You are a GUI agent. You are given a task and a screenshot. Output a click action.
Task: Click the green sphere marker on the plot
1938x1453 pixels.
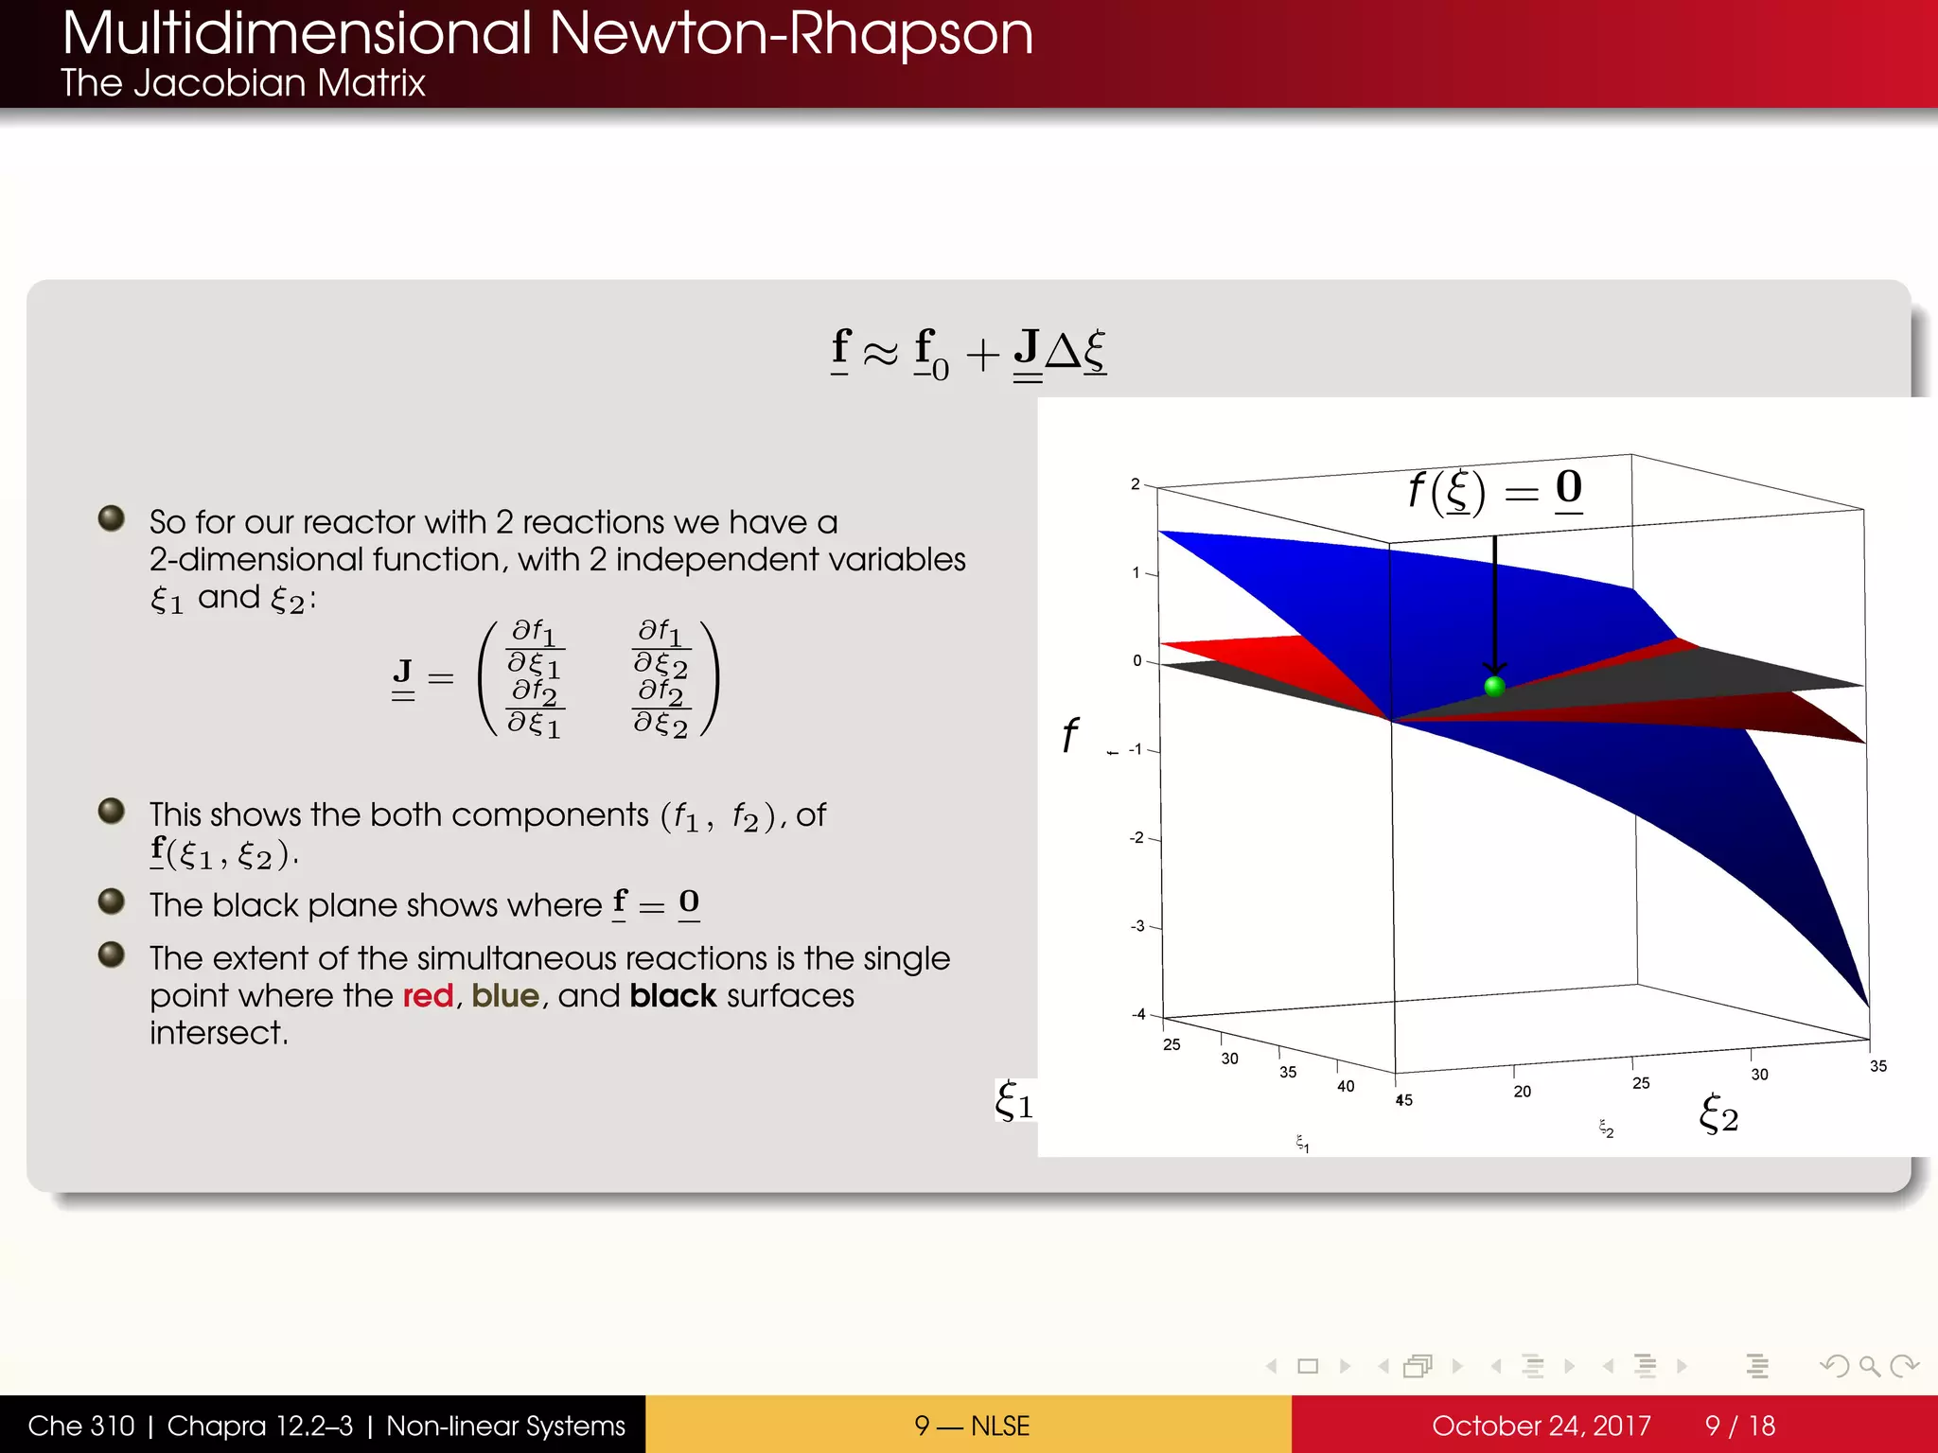coord(1495,687)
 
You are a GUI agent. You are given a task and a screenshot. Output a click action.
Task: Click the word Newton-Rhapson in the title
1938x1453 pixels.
coord(790,33)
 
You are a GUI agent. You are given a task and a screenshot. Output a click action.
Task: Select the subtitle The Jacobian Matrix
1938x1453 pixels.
coord(243,83)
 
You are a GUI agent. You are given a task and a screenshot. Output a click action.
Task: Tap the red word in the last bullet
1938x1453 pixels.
coord(428,996)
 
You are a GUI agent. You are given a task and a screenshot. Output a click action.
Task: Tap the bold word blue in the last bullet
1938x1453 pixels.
coord(505,996)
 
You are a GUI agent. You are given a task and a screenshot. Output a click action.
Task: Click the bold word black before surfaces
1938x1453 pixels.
coord(673,996)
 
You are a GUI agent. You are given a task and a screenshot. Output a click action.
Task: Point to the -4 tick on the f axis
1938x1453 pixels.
coord(1138,1014)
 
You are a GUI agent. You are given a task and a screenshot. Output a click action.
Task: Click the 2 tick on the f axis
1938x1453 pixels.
coord(1136,484)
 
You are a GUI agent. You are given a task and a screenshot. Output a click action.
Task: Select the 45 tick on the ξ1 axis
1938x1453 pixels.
coord(1404,1100)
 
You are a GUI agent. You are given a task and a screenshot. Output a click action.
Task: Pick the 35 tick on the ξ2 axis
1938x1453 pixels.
coord(1878,1066)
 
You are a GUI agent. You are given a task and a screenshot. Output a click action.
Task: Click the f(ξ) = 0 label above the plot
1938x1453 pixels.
coord(1495,490)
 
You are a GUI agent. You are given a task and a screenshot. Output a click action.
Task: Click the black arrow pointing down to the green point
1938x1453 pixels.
coord(1495,605)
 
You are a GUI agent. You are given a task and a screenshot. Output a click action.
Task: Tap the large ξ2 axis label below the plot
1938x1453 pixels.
coord(1718,1114)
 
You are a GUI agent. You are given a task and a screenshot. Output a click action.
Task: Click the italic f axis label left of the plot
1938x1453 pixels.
coord(1069,735)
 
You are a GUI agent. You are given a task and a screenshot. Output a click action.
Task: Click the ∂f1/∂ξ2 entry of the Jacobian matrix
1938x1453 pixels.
coord(661,649)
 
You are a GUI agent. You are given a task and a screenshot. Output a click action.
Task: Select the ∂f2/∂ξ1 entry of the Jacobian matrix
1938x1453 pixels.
coord(535,708)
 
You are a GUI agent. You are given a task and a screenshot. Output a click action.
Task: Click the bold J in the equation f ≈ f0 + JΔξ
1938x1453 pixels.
coord(1027,348)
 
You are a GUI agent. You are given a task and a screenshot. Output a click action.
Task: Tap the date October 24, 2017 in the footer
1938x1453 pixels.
coord(1541,1426)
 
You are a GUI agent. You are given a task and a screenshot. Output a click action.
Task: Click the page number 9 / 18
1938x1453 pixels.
coord(1739,1426)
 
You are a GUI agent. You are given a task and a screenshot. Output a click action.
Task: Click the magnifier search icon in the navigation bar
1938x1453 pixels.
coord(1869,1366)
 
